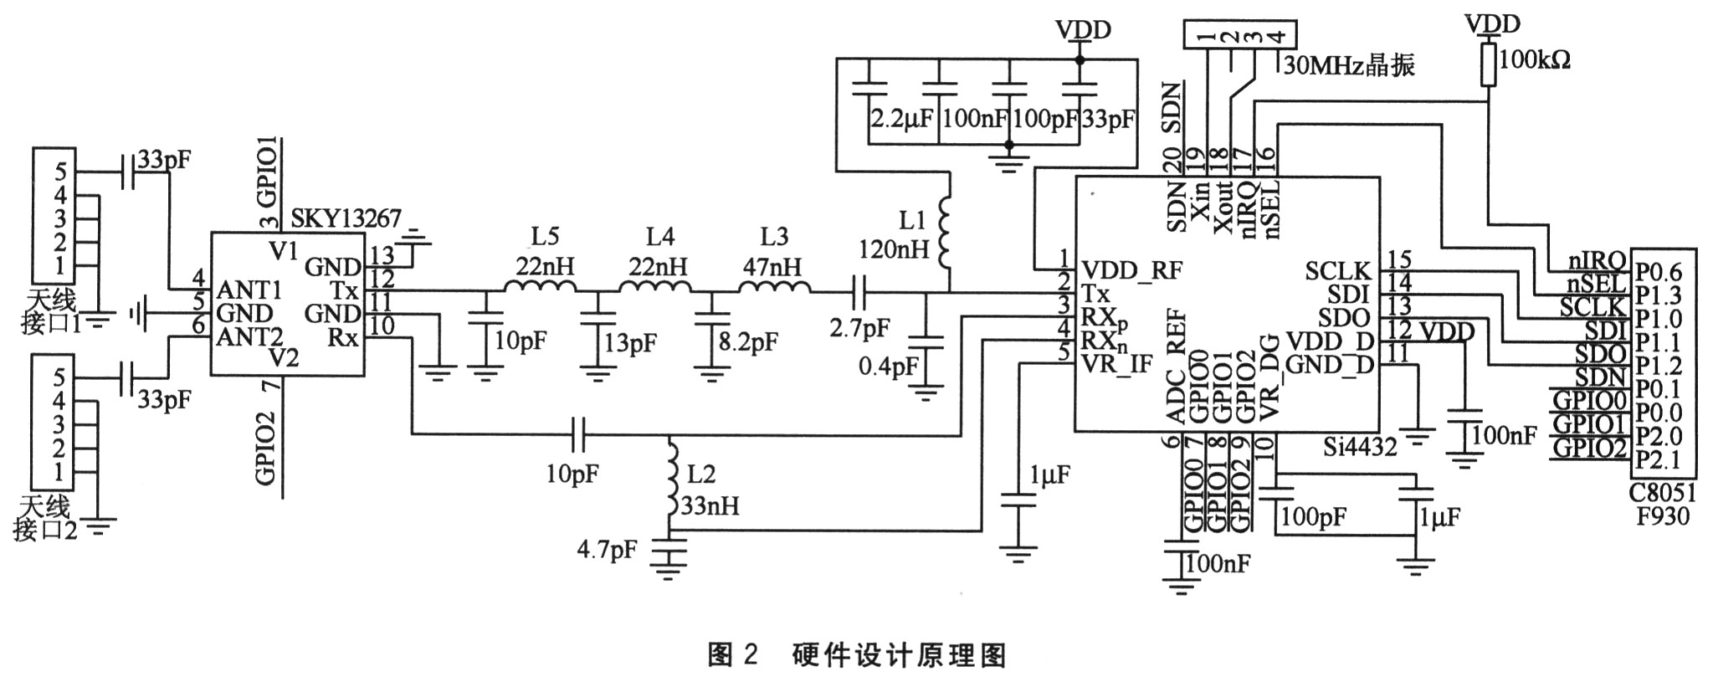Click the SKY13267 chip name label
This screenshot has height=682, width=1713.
[x=346, y=220]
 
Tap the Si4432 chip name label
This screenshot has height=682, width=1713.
[x=1360, y=447]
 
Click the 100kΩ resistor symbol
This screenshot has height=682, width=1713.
[x=1488, y=64]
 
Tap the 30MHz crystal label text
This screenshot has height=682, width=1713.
[x=1346, y=66]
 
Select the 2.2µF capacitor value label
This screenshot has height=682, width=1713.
[x=901, y=119]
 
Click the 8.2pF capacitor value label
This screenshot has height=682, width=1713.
[x=749, y=341]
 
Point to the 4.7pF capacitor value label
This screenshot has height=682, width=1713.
[x=607, y=550]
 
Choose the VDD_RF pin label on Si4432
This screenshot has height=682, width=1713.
[x=1131, y=269]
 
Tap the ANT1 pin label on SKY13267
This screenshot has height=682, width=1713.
[x=249, y=290]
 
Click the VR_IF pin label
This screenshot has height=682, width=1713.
[x=1116, y=363]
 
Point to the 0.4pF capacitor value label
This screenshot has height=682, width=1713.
[x=888, y=367]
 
